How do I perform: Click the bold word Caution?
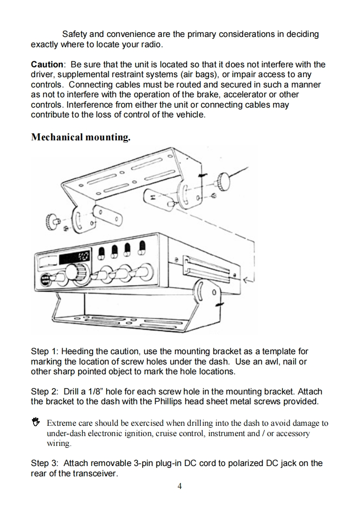pos(47,64)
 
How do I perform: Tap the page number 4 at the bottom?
pos(180,486)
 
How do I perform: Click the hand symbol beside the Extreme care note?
pos(36,423)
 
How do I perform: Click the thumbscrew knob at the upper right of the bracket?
pos(223,180)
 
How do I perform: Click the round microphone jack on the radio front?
pos(45,281)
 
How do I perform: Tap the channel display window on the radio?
pos(77,257)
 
